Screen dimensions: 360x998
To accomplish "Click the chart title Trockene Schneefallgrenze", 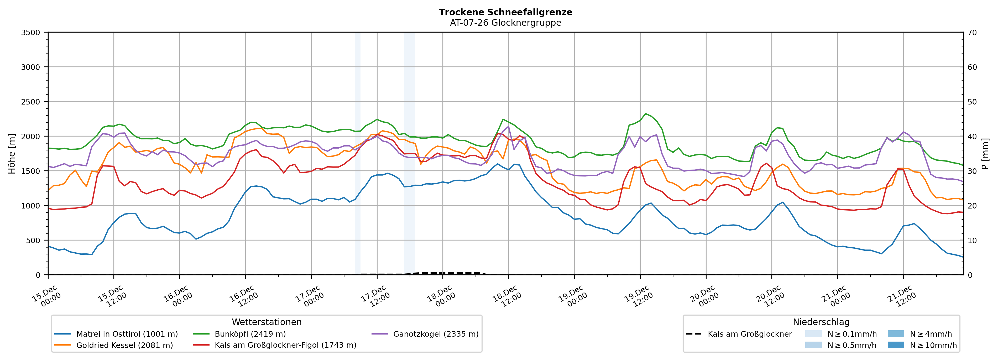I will point(505,12).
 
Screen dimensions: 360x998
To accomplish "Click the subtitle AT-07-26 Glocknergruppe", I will point(505,23).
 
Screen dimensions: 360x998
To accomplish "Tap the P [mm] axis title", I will point(985,153).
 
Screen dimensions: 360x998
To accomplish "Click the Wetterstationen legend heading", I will point(267,322).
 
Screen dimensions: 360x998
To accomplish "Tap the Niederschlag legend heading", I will point(821,322).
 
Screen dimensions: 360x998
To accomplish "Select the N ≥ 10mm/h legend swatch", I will point(895,345).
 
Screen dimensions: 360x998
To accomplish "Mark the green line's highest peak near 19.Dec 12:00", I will point(645,113).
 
